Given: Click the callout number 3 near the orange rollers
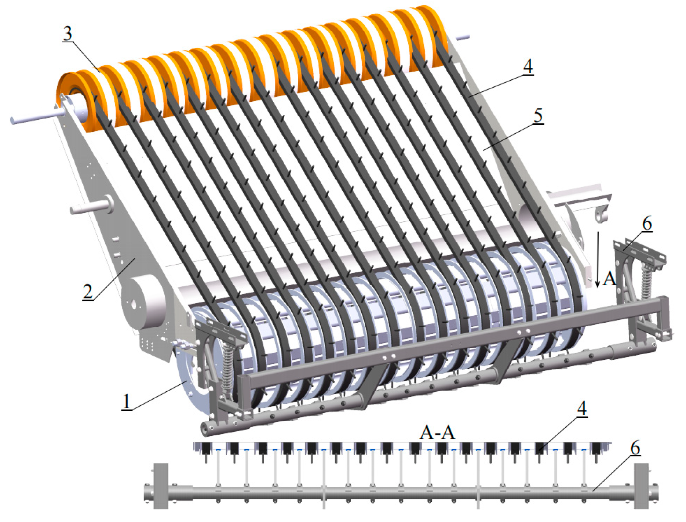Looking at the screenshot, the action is point(67,34).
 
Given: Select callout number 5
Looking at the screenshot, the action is point(538,116).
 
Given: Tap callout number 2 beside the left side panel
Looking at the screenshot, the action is point(88,292).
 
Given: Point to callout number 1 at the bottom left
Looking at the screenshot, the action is point(127,402).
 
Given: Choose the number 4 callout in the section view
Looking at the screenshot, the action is point(582,409).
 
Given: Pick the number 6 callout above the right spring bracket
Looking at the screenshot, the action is point(647,224).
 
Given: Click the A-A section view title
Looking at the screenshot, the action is point(437,433).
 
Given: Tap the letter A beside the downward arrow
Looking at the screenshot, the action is point(610,279).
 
